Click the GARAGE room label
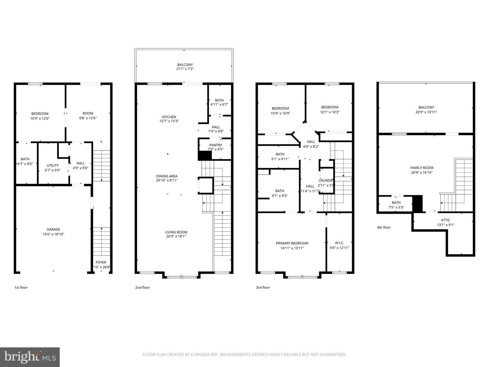pyautogui.click(x=53, y=229)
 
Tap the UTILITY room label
pyautogui.click(x=53, y=165)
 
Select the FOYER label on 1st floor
pyautogui.click(x=101, y=262)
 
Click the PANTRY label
pyautogui.click(x=216, y=145)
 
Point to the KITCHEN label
pyautogui.click(x=169, y=117)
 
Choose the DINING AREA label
pyautogui.click(x=167, y=176)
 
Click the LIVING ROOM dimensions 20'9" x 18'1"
pyautogui.click(x=176, y=237)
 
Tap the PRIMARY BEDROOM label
pyautogui.click(x=292, y=243)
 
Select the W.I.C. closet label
pyautogui.click(x=339, y=243)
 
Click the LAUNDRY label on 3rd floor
pyautogui.click(x=326, y=180)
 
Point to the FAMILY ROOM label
pyautogui.click(x=422, y=168)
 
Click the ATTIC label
pyautogui.click(x=446, y=220)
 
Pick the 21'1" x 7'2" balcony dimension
pyautogui.click(x=185, y=69)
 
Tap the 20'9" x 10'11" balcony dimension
pyautogui.click(x=426, y=112)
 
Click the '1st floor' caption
pyautogui.click(x=21, y=287)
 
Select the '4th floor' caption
pyautogui.click(x=384, y=227)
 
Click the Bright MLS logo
pyautogui.click(x=30, y=357)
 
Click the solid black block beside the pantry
pyautogui.click(x=205, y=156)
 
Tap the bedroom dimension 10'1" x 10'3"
pyautogui.click(x=330, y=112)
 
